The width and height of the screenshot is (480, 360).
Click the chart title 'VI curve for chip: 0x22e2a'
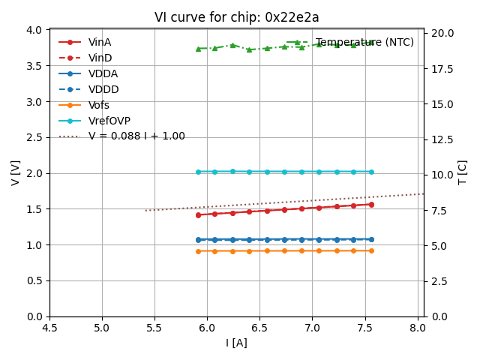(x=236, y=17)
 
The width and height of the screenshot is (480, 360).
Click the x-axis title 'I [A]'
(x=236, y=343)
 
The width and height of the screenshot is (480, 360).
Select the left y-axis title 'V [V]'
(x=16, y=172)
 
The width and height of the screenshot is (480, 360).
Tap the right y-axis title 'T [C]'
(x=463, y=172)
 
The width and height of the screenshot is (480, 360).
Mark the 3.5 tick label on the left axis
(x=34, y=66)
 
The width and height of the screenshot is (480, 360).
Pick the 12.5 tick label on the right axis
(x=442, y=139)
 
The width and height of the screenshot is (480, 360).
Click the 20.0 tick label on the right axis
(x=442, y=33)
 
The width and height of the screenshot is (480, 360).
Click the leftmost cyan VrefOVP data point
(x=198, y=172)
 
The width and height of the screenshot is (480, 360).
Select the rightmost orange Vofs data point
(x=371, y=250)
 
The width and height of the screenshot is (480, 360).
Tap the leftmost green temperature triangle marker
(x=198, y=49)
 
